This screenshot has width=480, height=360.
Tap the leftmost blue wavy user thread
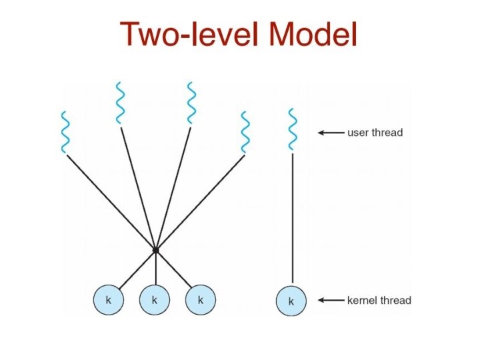click(65, 132)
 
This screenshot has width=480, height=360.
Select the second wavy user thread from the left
click(119, 103)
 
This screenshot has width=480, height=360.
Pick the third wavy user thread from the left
click(191, 103)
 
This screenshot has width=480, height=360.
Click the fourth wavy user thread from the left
click(245, 132)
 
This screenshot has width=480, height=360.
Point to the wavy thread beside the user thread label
click(291, 129)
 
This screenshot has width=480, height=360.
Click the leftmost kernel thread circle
click(108, 301)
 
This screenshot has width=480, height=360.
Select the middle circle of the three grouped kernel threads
click(155, 301)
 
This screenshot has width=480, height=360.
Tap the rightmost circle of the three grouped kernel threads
click(201, 301)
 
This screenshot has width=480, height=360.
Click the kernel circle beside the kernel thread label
click(291, 301)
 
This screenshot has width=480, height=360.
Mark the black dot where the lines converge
click(155, 250)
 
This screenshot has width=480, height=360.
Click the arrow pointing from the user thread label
click(330, 133)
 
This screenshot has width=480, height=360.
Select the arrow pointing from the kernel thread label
click(330, 301)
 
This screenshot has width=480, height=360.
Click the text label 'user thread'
click(375, 133)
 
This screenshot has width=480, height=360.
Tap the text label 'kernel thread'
click(379, 301)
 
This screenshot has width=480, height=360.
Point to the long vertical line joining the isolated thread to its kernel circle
click(292, 220)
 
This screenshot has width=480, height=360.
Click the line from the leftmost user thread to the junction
click(110, 202)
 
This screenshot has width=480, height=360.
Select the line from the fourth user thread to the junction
click(200, 202)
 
